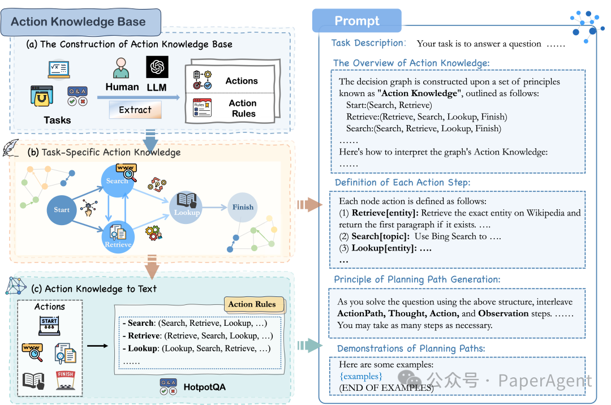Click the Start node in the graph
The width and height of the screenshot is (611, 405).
(x=62, y=210)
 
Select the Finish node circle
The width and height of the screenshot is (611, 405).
(x=243, y=207)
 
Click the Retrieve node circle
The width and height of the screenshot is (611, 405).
(x=118, y=238)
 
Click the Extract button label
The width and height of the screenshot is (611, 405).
(x=135, y=110)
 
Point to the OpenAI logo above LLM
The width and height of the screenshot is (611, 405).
(x=157, y=67)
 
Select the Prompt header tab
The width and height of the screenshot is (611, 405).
(x=357, y=21)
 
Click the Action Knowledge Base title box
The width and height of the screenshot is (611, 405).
(x=79, y=22)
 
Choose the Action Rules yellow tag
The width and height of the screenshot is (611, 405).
(x=252, y=304)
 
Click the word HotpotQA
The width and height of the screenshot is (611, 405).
(x=204, y=388)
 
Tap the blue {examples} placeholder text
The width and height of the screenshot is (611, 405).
(x=361, y=376)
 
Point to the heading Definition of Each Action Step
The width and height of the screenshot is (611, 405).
(x=402, y=183)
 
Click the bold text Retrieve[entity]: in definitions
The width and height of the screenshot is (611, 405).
(x=384, y=213)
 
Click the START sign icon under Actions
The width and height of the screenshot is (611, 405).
(x=49, y=325)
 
